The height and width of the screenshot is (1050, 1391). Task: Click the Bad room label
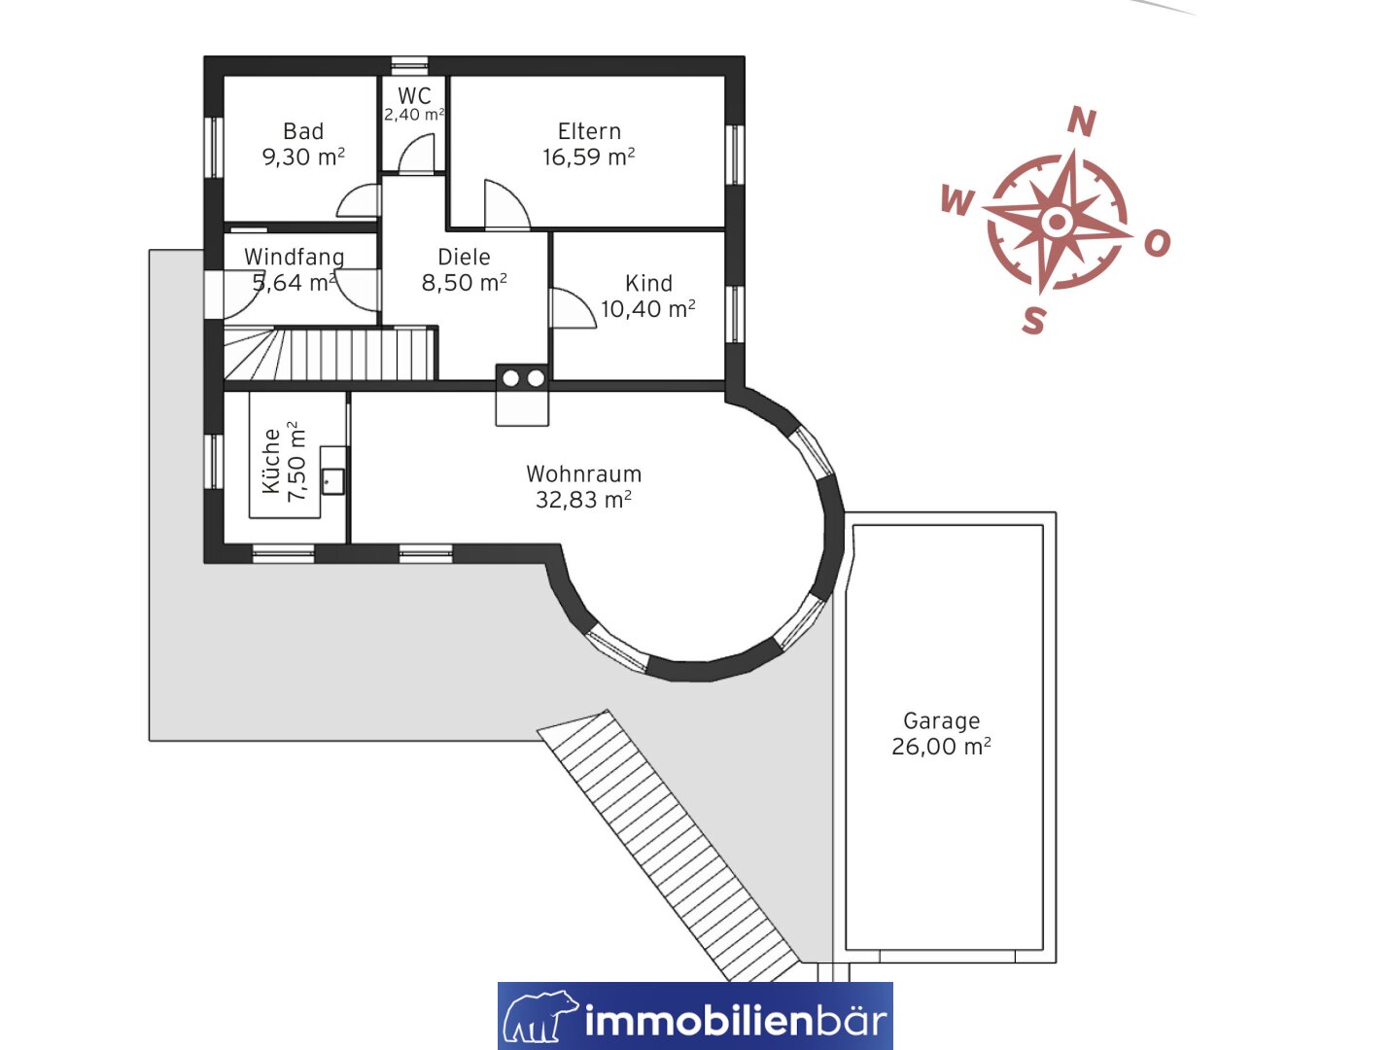click(x=303, y=131)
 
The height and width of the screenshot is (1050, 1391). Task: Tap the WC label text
click(x=414, y=95)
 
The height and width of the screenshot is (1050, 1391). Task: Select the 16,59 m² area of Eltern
click(x=588, y=157)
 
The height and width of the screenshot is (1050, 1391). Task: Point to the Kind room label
click(x=648, y=283)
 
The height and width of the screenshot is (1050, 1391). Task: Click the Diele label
click(x=464, y=257)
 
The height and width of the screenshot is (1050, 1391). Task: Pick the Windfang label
click(x=294, y=257)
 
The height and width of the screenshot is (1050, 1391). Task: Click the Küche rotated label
click(x=271, y=461)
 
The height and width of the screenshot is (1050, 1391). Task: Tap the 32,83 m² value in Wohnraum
click(x=583, y=500)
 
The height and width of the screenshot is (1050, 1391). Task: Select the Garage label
click(x=941, y=720)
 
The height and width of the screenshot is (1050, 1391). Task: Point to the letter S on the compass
click(x=1033, y=320)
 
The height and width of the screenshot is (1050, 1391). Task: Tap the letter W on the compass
click(x=956, y=200)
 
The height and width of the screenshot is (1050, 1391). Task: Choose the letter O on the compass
click(x=1157, y=243)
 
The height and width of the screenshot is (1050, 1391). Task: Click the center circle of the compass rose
click(x=1057, y=222)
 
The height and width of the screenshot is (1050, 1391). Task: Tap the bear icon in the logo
click(x=540, y=1016)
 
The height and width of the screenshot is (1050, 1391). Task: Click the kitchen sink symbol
click(x=332, y=481)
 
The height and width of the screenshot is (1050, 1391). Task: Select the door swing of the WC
click(x=416, y=153)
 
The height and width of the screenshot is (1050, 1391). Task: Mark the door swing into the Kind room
click(x=574, y=308)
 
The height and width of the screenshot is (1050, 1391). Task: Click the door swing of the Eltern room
click(x=507, y=203)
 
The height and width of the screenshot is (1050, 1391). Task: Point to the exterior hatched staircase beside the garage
click(x=668, y=845)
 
